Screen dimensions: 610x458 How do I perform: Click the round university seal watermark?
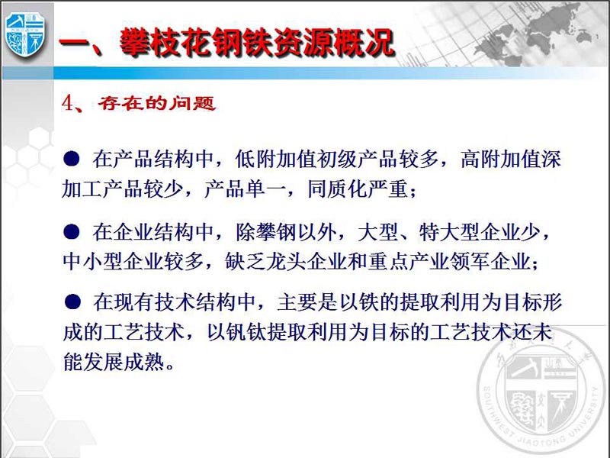[x=541, y=393]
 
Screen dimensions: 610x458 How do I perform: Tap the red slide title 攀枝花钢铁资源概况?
[x=257, y=42]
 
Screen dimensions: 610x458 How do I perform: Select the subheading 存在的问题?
[x=156, y=103]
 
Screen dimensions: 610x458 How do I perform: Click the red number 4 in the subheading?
[x=67, y=104]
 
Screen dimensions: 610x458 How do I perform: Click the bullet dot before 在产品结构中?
[x=72, y=159]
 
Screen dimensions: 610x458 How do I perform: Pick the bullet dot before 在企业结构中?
[x=72, y=232]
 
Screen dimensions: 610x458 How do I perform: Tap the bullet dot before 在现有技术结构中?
[x=72, y=302]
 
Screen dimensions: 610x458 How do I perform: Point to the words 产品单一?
[x=245, y=189]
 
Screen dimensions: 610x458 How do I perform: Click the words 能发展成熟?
[x=114, y=362]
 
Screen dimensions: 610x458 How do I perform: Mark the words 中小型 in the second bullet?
[x=93, y=261]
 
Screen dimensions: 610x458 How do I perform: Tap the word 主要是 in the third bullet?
[x=307, y=302]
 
